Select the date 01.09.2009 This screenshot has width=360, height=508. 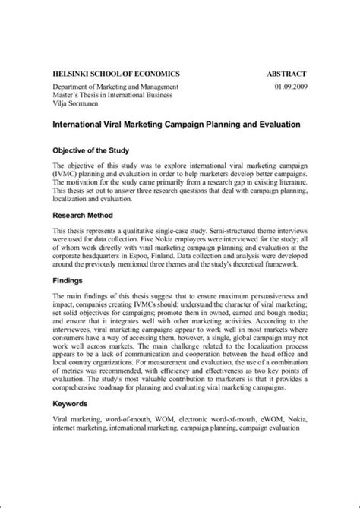coord(289,87)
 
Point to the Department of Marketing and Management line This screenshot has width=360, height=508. coord(115,87)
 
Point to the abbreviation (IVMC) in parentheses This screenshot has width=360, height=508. coord(68,175)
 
